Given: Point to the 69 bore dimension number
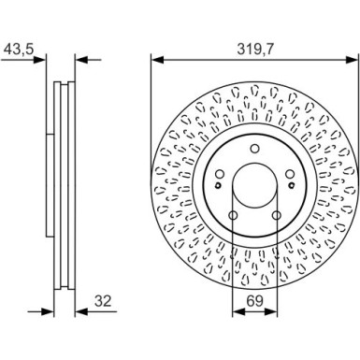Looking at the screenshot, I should pos(252,301).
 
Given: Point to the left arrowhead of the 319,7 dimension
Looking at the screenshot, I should pos(157,61).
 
